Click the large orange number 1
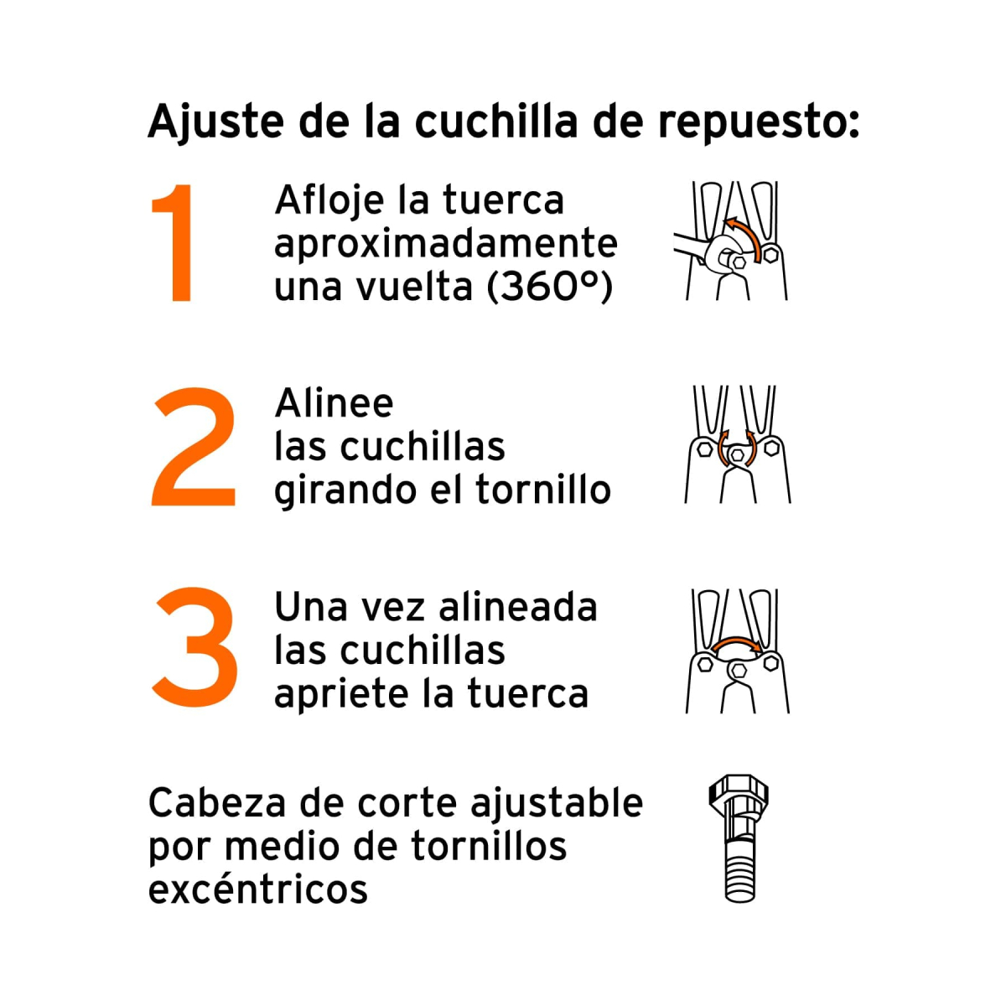coord(175,243)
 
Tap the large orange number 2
coord(194,447)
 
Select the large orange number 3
coord(195,647)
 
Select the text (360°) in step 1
coord(550,287)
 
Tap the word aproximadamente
coord(445,245)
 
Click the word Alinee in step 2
coord(334,404)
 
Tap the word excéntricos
coord(258,889)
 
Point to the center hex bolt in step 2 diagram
coord(738,454)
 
